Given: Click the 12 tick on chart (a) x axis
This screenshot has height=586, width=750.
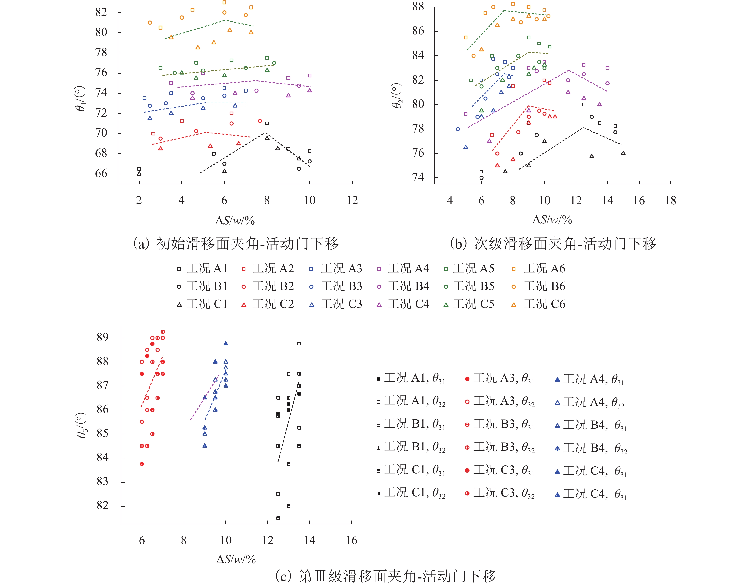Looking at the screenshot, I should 352,200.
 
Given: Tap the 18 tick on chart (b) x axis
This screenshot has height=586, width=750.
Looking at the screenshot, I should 670,201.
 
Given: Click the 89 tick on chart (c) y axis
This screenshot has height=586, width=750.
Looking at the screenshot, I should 103,338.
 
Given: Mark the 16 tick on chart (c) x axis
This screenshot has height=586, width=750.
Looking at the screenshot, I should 351,540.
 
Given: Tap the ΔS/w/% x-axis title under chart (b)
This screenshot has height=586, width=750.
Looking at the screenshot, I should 552,220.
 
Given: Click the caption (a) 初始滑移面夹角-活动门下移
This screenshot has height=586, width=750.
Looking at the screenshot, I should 235,244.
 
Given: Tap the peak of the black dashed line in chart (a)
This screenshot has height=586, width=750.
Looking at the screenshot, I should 265,133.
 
